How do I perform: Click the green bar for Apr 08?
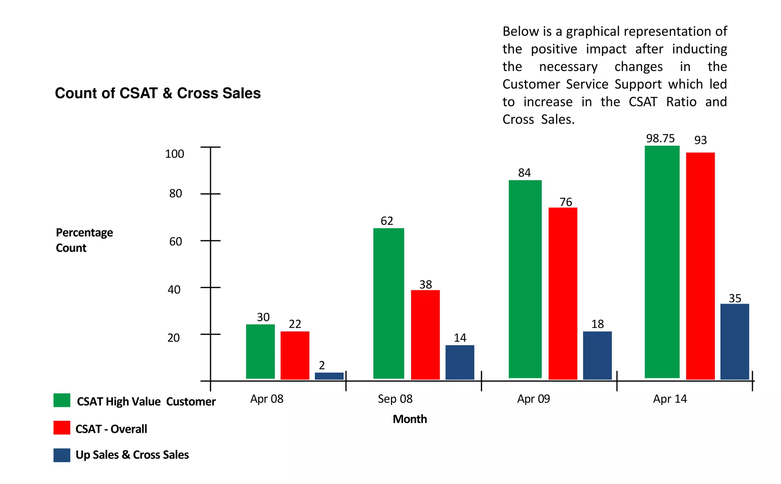click(260, 351)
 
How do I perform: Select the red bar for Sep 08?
click(425, 334)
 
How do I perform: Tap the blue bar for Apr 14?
click(734, 341)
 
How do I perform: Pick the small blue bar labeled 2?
click(329, 376)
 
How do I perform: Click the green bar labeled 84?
click(525, 279)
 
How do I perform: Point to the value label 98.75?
click(660, 138)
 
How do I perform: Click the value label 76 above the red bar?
click(566, 202)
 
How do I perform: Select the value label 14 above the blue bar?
click(460, 338)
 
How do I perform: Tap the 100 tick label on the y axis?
click(174, 154)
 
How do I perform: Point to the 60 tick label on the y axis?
click(175, 241)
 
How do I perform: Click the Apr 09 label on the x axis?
click(534, 399)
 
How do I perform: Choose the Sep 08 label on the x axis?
click(395, 399)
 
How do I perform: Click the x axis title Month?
click(410, 419)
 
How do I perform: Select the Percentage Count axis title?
click(84, 240)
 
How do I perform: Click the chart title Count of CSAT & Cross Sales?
click(157, 93)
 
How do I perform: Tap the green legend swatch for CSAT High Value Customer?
click(62, 400)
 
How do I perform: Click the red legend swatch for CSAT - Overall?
click(62, 428)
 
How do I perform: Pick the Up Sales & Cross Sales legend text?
click(132, 455)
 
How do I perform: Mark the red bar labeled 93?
click(700, 266)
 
